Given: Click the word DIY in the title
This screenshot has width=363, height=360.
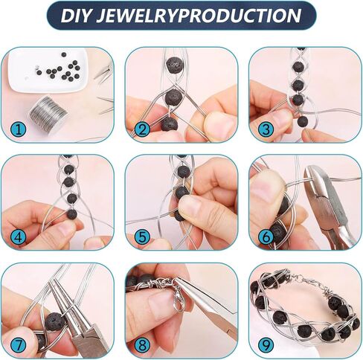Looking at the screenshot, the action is (x=76, y=16).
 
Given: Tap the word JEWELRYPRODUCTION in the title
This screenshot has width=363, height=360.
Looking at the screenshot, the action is (x=199, y=16).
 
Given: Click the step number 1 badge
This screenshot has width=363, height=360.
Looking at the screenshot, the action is (x=18, y=129).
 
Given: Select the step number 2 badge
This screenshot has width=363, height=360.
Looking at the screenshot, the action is (x=142, y=129).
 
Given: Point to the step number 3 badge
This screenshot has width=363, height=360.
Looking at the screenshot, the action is (x=266, y=129).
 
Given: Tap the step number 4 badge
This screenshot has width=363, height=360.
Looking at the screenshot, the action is (x=18, y=237).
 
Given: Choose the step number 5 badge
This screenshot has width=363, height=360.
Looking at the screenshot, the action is (x=142, y=237).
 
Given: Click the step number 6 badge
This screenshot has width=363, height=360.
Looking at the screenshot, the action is (x=266, y=237).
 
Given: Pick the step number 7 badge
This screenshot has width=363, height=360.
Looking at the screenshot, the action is (x=18, y=345).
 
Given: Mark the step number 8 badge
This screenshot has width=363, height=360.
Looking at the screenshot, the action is (x=142, y=345).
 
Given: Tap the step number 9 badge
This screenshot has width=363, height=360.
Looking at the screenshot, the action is (x=266, y=345).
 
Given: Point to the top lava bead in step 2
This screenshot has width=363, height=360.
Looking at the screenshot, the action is (x=175, y=65).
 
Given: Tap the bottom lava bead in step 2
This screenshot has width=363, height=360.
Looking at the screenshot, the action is (x=169, y=124).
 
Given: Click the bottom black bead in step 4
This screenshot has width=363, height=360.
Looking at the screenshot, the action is (x=72, y=213).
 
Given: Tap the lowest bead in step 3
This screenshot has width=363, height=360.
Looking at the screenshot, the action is (x=303, y=121).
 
